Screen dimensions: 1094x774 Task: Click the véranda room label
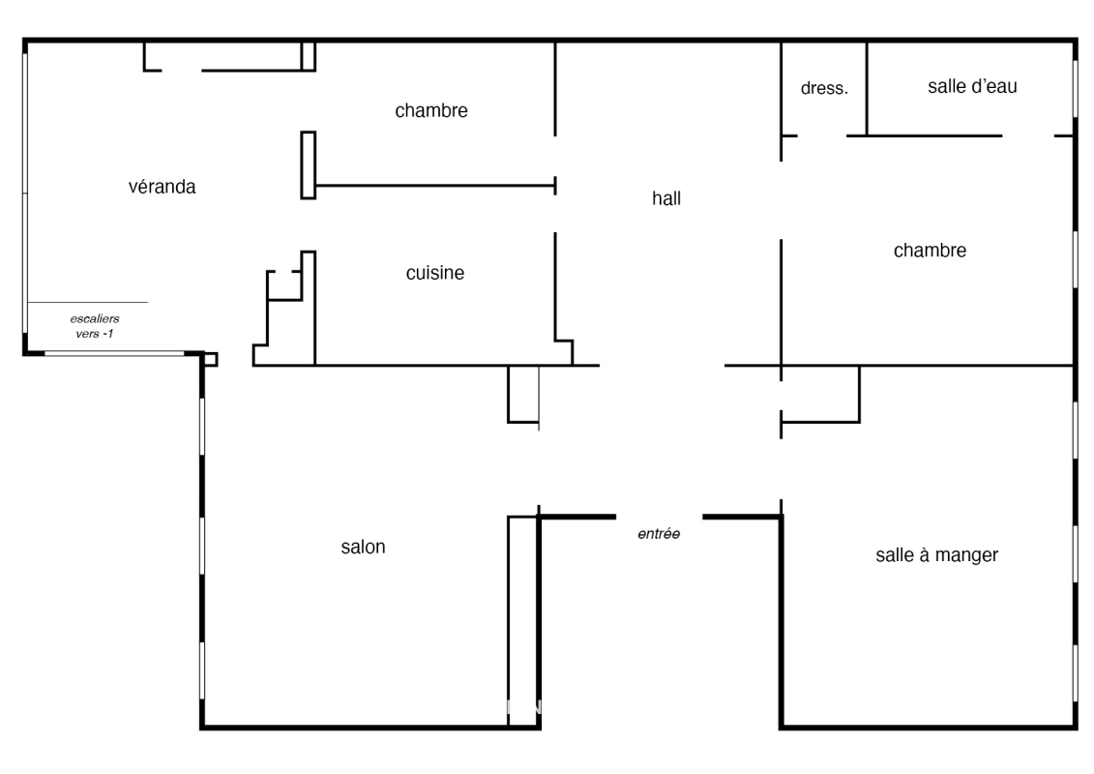(162, 187)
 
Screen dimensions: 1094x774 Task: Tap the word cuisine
(434, 272)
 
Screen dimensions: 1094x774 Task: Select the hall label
(666, 198)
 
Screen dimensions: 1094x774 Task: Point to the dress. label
(824, 88)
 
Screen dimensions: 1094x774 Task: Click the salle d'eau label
(972, 86)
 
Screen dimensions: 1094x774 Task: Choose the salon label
(363, 547)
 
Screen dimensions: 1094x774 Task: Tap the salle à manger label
(936, 554)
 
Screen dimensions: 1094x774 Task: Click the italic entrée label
(659, 534)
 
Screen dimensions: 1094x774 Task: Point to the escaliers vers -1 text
(95, 326)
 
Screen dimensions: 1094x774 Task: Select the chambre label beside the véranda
(431, 110)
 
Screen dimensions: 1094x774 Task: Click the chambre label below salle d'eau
(930, 250)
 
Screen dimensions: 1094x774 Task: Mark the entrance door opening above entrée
(660, 517)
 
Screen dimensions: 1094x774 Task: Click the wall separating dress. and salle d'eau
(867, 89)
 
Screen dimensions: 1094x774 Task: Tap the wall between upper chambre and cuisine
(434, 186)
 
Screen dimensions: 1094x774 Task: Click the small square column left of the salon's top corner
(210, 360)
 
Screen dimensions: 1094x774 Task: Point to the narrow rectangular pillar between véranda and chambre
(309, 165)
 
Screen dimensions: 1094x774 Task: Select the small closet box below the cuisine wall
(523, 394)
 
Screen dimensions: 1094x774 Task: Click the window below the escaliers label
(114, 354)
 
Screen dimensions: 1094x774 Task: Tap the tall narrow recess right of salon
(523, 621)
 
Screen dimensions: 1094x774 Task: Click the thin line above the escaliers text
(88, 302)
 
